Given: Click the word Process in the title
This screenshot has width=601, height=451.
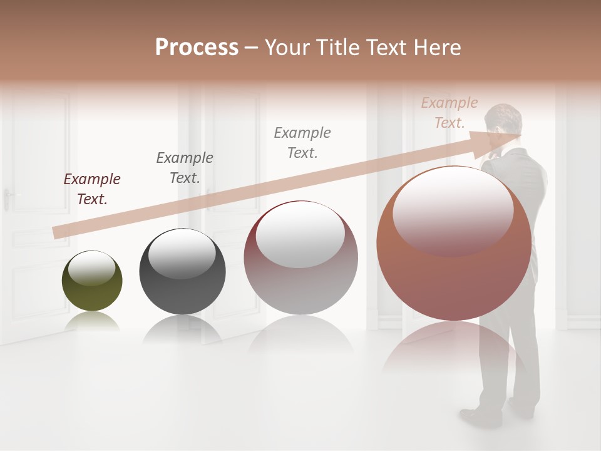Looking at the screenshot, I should pos(197,48).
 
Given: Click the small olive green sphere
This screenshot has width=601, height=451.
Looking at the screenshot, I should pos(92,281).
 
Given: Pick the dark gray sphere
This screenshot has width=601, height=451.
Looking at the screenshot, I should pos(182,272).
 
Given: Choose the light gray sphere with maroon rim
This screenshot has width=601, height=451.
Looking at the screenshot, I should pos(300,258).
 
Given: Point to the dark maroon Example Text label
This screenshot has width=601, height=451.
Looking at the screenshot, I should pos(92,189).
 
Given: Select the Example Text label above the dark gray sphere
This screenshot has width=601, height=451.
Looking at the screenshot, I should pos(185,168).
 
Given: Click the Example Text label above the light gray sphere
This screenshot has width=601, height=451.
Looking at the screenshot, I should pos(302,143).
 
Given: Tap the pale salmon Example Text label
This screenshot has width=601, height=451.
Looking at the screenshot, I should pos(449,113).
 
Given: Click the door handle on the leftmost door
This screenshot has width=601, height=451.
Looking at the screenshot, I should pos(8,195).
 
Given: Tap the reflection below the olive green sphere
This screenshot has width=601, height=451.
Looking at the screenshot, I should pos(92,322).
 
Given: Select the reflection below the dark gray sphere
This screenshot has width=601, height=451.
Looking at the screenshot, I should pos(182,329).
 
